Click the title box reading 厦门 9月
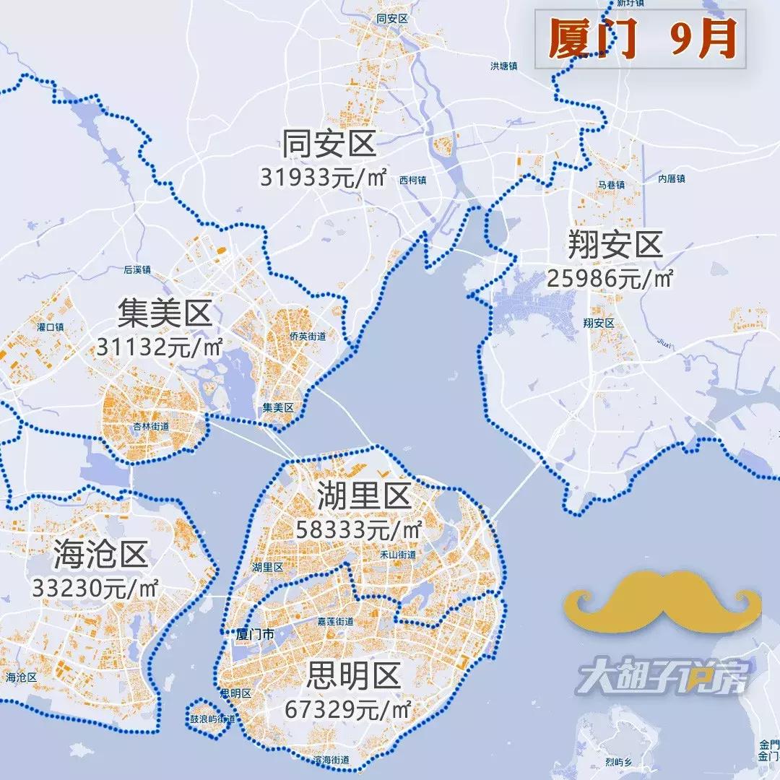click(x=640, y=39)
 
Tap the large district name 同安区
click(x=329, y=144)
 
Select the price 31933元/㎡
click(x=324, y=177)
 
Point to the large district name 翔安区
click(x=615, y=246)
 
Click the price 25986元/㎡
click(x=610, y=278)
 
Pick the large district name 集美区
click(x=164, y=314)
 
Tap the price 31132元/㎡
click(x=159, y=347)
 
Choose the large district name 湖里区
click(x=364, y=496)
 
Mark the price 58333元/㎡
click(x=359, y=529)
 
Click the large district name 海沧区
click(x=100, y=555)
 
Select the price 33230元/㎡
click(x=95, y=587)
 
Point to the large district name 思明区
click(x=353, y=677)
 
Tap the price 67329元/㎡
click(x=348, y=709)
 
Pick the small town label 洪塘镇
click(x=504, y=66)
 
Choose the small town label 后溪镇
click(x=136, y=269)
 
